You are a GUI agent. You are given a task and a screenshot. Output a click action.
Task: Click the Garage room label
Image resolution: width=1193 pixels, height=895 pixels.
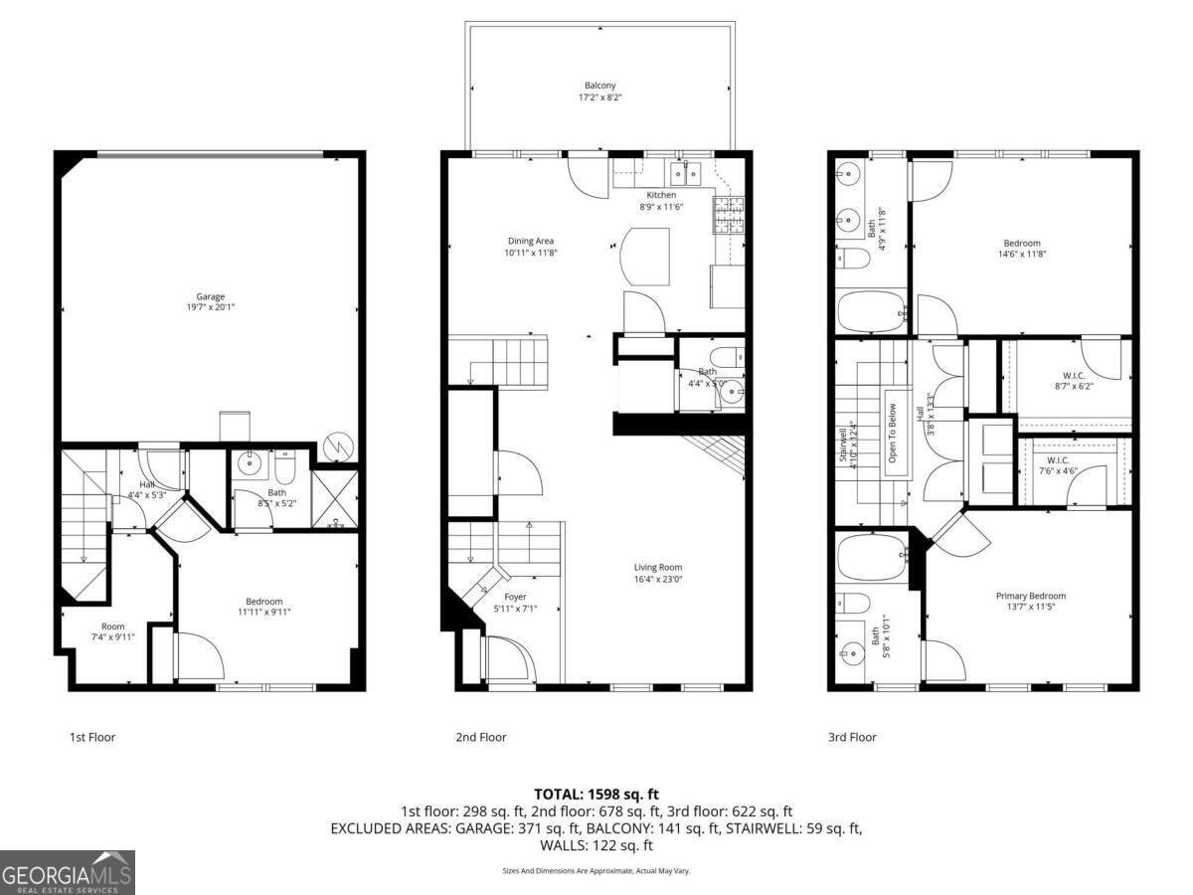point(210,296)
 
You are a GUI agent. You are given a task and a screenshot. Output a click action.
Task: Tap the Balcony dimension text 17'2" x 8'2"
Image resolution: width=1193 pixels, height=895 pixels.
point(599,97)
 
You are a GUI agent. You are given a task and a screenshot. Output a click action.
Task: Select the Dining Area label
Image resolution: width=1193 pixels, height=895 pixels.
point(531,241)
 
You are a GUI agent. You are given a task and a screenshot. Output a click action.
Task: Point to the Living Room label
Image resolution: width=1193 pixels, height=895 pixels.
point(658,568)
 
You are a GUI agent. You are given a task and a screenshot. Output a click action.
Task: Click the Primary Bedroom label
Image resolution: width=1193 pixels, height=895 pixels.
point(1030,596)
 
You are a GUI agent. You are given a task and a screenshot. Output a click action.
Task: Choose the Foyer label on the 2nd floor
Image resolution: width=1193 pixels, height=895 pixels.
point(515,597)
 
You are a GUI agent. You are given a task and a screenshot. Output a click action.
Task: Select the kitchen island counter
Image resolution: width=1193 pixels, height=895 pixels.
point(644,256)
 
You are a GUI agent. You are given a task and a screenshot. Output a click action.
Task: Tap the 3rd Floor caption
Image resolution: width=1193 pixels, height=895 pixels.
point(851,737)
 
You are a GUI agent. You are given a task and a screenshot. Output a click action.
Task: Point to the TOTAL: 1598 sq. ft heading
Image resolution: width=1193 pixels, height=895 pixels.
point(596,794)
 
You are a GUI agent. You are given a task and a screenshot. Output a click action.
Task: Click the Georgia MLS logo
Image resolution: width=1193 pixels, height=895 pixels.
point(67,873)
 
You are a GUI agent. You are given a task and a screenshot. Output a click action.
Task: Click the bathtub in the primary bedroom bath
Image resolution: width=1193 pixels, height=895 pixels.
point(871,560)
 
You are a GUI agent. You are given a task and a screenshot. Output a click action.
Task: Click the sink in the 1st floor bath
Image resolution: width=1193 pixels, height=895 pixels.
point(249,463)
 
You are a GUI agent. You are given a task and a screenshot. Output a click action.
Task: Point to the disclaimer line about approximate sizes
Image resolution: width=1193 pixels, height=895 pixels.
point(596,871)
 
